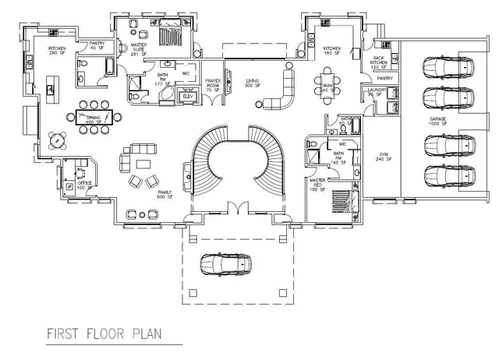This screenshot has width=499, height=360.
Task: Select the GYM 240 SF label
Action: pos(383,157)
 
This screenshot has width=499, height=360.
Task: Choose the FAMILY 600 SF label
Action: pos(165,194)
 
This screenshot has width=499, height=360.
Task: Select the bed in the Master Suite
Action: pos(171,34)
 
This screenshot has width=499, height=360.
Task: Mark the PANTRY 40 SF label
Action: pos(97,46)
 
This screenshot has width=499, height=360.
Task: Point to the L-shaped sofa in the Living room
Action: pos(283,92)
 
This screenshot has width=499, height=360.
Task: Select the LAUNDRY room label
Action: pos(376,93)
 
